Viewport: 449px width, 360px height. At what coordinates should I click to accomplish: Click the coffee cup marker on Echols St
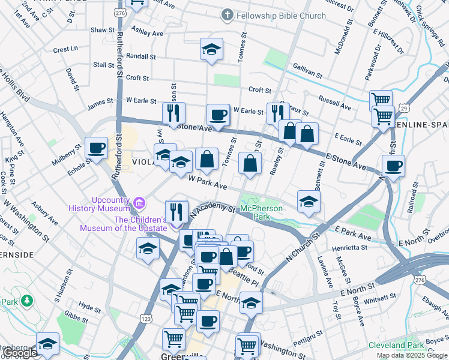coord(96,148)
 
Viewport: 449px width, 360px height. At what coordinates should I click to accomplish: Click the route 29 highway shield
coord(388,108)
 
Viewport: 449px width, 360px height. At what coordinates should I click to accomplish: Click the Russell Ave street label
coord(335,103)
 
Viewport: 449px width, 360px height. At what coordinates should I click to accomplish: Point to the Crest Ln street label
coord(65,49)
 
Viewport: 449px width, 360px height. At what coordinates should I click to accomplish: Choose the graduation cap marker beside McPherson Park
coord(309,202)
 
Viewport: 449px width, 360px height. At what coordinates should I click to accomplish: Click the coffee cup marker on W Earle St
coord(218,115)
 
